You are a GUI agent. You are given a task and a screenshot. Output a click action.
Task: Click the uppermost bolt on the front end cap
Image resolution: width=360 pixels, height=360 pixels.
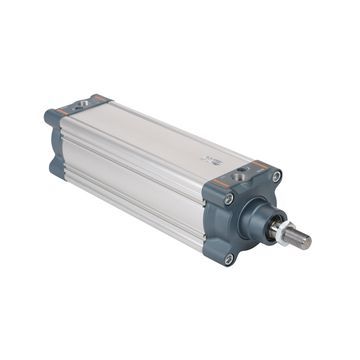coord(276,177)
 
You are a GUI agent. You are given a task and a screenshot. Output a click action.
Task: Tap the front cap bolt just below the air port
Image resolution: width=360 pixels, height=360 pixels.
coord(229,198)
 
